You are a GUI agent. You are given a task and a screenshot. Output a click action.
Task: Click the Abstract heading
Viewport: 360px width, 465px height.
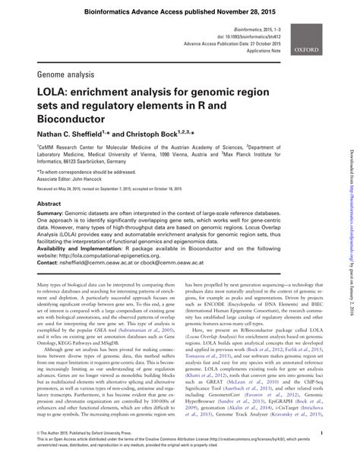tap(49, 205)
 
